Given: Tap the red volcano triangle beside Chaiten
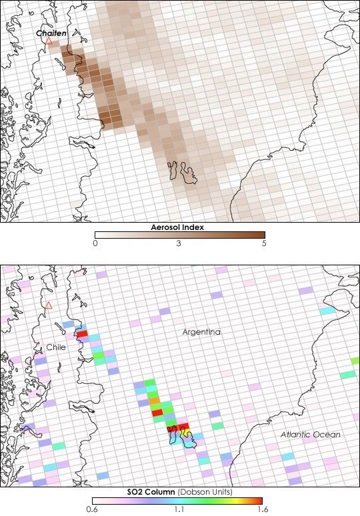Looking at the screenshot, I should click(x=48, y=41).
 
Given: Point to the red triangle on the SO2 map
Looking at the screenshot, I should click(x=48, y=306).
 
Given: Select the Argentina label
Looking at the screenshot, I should click(x=203, y=332).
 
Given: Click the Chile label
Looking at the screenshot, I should click(x=56, y=347).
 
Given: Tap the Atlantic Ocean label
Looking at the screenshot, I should click(x=310, y=435).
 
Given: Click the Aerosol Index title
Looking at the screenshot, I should click(x=179, y=227).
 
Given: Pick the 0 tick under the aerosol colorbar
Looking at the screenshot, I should click(x=96, y=244).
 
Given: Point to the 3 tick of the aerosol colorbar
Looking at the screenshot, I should click(x=179, y=244).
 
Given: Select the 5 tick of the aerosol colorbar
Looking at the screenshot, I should click(x=264, y=244).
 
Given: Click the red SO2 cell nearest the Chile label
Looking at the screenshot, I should click(x=83, y=334).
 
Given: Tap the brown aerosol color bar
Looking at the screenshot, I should click(x=179, y=235).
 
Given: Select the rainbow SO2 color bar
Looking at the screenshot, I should click(x=179, y=500).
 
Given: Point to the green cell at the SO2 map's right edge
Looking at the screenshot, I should click(x=355, y=361).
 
